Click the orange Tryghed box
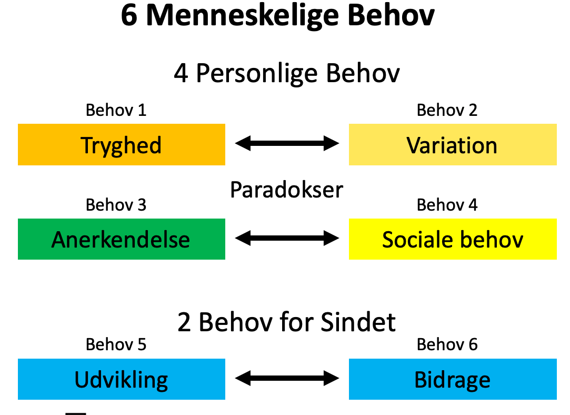(x=122, y=144)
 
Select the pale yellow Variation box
(x=453, y=144)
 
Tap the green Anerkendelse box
(x=122, y=239)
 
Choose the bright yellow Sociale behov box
(x=453, y=239)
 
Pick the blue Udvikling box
(x=122, y=379)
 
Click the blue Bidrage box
(x=453, y=379)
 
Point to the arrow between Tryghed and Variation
(x=287, y=143)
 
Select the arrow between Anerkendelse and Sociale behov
(x=287, y=238)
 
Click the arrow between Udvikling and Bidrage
(x=287, y=378)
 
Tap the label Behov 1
(x=116, y=110)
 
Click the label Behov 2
(x=447, y=110)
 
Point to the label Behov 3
(x=116, y=205)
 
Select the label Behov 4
(x=447, y=205)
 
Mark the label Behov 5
(x=116, y=344)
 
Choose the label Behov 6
(x=447, y=344)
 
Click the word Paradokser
(x=287, y=190)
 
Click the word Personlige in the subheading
(x=257, y=74)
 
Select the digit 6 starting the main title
(x=129, y=16)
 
